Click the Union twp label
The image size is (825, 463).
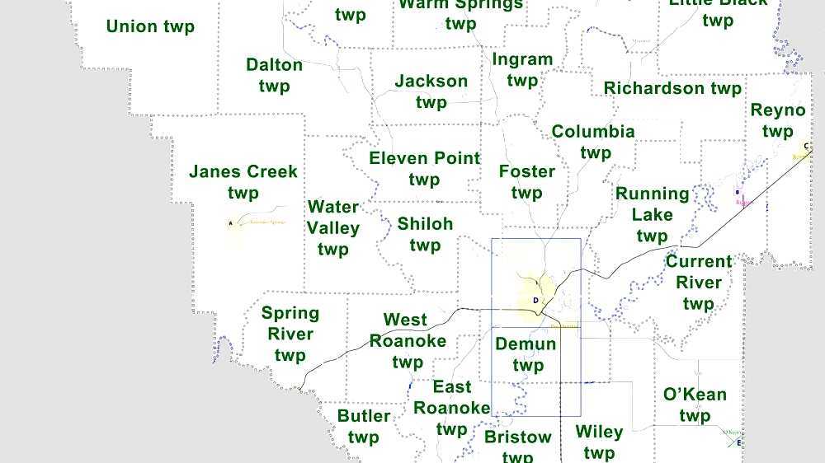click(150, 26)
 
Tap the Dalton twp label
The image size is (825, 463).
click(274, 75)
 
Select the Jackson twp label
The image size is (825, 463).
click(431, 91)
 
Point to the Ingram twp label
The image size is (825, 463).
click(522, 70)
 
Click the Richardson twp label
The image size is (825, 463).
click(672, 88)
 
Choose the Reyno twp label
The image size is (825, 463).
click(777, 120)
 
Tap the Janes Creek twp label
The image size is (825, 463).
click(243, 182)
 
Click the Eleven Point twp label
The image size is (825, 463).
click(424, 168)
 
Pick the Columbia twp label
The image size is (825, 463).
click(593, 142)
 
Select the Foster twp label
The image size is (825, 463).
click(526, 182)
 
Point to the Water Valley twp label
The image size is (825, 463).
click(333, 227)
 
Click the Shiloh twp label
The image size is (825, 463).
click(425, 234)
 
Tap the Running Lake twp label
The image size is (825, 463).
click(652, 214)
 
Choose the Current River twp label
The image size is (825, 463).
click(698, 282)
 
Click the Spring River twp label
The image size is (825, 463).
click(290, 334)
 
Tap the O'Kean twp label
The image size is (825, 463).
click(695, 405)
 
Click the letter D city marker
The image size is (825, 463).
click(535, 301)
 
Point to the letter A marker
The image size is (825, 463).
click(230, 222)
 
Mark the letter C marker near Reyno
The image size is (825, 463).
click(806, 147)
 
